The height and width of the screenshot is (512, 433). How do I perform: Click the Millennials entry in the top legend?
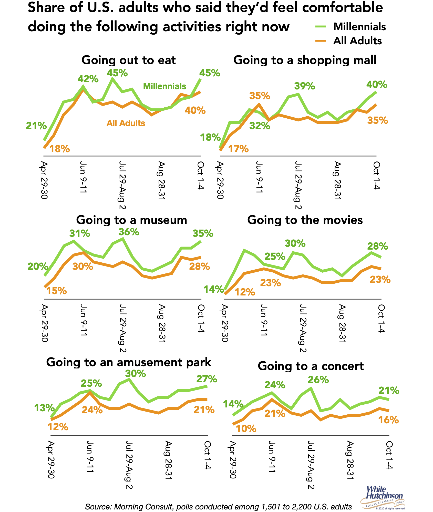(359, 27)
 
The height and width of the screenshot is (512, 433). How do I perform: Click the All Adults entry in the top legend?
(357, 41)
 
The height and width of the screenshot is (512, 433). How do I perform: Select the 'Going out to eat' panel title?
(129, 60)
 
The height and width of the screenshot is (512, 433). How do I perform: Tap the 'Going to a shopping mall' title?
(305, 60)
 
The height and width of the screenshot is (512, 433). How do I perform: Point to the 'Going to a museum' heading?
(131, 220)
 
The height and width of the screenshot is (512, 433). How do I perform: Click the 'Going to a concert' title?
(311, 366)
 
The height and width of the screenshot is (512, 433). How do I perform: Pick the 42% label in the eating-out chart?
(88, 79)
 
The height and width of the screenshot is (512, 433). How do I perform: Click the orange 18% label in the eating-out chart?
(59, 149)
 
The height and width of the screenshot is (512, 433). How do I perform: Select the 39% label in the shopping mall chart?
(304, 86)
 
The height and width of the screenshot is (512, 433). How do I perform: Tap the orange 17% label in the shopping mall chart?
(238, 149)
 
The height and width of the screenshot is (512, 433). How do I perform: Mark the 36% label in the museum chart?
(129, 232)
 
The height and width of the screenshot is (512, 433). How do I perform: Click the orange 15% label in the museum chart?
(57, 291)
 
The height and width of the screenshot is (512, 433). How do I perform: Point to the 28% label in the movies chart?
(377, 246)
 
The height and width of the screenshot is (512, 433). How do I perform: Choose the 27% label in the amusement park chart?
(207, 379)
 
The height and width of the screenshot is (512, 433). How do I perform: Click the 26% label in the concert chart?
(318, 380)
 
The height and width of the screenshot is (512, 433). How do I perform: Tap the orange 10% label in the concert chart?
(246, 429)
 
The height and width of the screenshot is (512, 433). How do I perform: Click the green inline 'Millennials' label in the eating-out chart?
(164, 86)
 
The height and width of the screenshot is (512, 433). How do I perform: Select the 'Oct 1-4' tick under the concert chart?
(389, 455)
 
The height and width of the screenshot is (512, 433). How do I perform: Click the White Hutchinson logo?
(383, 497)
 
